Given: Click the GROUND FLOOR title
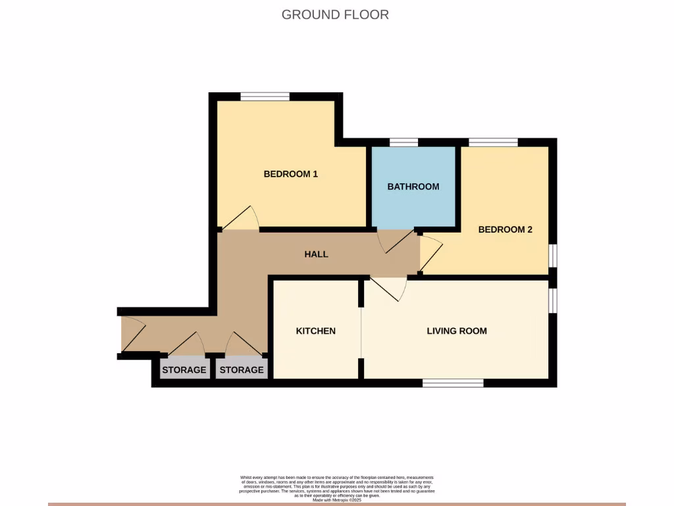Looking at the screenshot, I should click(335, 14).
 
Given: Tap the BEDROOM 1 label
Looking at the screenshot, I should click(291, 174).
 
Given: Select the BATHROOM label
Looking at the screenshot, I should click(413, 186).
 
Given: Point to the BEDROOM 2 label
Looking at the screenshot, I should click(505, 230).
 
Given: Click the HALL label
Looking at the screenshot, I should click(316, 254).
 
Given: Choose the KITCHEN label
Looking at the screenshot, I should click(316, 331).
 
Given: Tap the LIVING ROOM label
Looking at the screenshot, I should click(457, 331).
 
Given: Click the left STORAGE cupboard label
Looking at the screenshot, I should click(184, 370).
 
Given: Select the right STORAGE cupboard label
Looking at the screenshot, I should click(242, 370).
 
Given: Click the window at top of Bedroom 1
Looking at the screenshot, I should click(265, 97).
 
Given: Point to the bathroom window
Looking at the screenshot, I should click(403, 142).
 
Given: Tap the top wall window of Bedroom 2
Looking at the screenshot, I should click(493, 142).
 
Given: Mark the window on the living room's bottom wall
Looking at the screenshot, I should click(453, 383).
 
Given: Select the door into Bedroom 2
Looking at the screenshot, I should click(430, 254).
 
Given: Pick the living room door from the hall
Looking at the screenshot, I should click(390, 289).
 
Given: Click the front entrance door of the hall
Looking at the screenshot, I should click(132, 334).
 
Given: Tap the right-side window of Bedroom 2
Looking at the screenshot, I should click(553, 256).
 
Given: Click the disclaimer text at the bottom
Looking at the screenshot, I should click(336, 488).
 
